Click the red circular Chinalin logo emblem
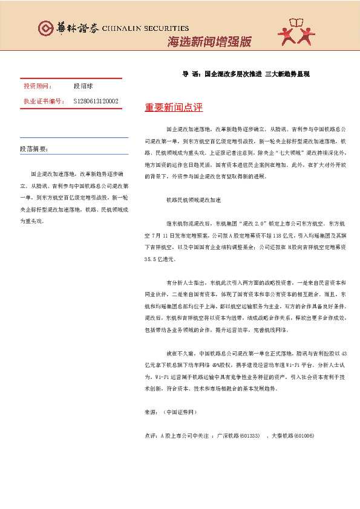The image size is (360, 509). click(x=45, y=28)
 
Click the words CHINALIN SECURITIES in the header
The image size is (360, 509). click(x=145, y=28)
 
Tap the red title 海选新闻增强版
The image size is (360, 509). click(x=209, y=42)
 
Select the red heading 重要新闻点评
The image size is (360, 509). click(x=174, y=108)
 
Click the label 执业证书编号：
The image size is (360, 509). click(x=44, y=101)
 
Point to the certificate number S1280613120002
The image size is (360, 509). click(x=96, y=101)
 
